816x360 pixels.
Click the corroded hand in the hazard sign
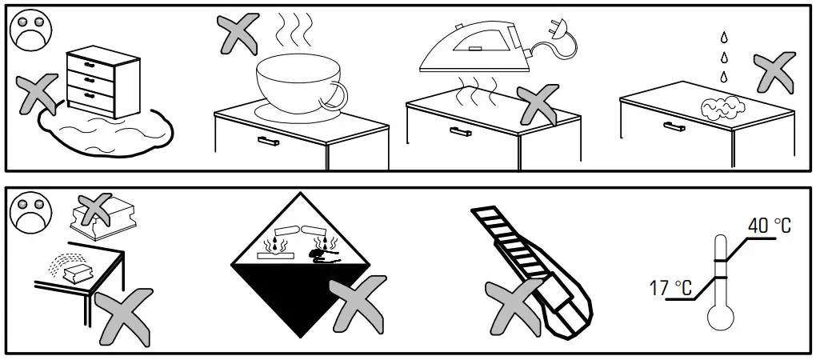(325, 255)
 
